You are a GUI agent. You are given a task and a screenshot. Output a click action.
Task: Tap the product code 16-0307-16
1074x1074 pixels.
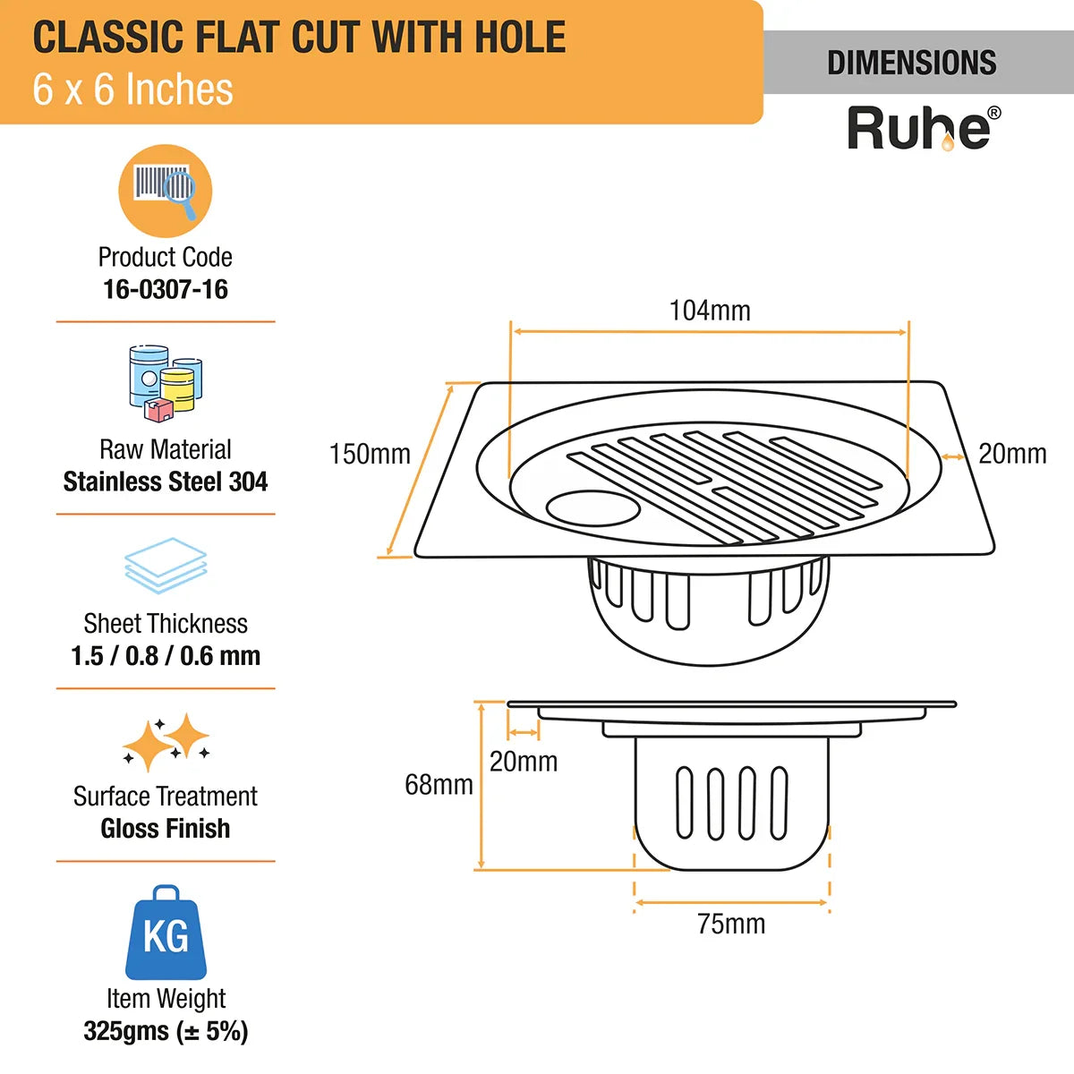click(166, 289)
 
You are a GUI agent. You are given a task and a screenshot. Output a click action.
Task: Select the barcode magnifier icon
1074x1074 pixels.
click(166, 190)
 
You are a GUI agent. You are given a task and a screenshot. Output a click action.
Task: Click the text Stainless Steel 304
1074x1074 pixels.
click(166, 482)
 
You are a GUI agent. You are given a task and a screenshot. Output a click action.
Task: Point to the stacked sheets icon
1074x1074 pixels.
click(166, 566)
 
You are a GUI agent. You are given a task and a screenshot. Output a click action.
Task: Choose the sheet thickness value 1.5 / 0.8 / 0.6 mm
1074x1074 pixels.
click(166, 656)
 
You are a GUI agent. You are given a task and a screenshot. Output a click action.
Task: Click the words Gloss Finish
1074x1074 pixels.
click(166, 828)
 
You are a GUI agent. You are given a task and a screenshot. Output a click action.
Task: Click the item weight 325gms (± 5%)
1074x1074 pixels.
click(166, 1031)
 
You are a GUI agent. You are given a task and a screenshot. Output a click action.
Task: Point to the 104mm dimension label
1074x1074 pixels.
click(710, 311)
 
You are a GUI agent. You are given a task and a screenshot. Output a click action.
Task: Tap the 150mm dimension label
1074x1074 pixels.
click(370, 454)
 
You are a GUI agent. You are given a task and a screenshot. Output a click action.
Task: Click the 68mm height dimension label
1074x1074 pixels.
click(439, 784)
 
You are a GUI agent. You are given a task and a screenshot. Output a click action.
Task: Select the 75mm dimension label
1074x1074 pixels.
click(731, 924)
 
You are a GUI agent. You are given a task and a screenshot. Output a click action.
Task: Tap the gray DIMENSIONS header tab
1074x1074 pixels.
click(912, 63)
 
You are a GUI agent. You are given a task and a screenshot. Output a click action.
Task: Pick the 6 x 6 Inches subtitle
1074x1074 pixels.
click(132, 89)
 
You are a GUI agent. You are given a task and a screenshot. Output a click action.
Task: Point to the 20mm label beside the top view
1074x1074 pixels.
click(1012, 454)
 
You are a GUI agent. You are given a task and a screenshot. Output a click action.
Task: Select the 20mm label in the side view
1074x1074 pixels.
click(524, 762)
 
